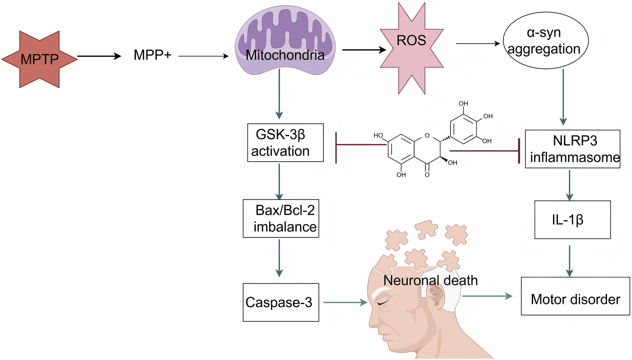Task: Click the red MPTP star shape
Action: [x=39, y=59]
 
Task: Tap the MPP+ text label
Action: [x=152, y=55]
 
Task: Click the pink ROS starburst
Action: [x=412, y=48]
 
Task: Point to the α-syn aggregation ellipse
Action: [x=545, y=41]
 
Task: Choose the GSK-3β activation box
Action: [x=285, y=143]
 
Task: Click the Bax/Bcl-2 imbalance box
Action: [x=281, y=219]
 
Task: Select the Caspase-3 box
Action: [x=281, y=302]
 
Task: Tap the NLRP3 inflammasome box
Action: [x=572, y=149]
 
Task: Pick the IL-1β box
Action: [x=572, y=220]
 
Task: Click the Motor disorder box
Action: [x=575, y=296]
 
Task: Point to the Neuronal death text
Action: [x=430, y=280]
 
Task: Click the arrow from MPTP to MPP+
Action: [x=99, y=56]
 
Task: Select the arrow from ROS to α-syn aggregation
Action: [x=478, y=43]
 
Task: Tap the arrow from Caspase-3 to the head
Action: [x=345, y=302]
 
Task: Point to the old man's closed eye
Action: [x=382, y=303]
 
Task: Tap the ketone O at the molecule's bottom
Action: [x=427, y=175]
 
